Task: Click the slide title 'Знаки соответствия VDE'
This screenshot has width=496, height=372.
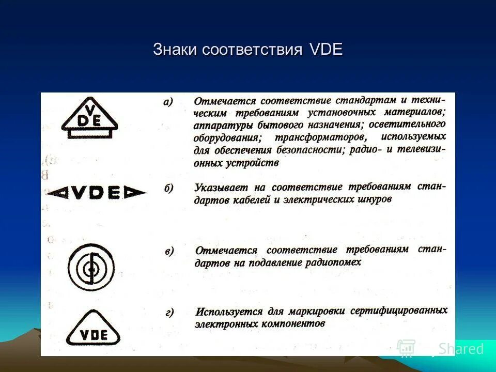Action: [x=247, y=50]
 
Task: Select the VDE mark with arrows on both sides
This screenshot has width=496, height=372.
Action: [x=97, y=193]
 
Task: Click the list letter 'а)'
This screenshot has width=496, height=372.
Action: [x=168, y=101]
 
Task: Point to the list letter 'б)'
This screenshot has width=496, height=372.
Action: [x=168, y=188]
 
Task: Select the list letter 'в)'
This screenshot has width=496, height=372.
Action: [x=169, y=251]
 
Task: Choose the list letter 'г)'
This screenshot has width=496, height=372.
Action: [x=169, y=312]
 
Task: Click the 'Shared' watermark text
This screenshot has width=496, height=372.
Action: [x=460, y=349]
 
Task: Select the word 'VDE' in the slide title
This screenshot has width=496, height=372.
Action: [x=326, y=50]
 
